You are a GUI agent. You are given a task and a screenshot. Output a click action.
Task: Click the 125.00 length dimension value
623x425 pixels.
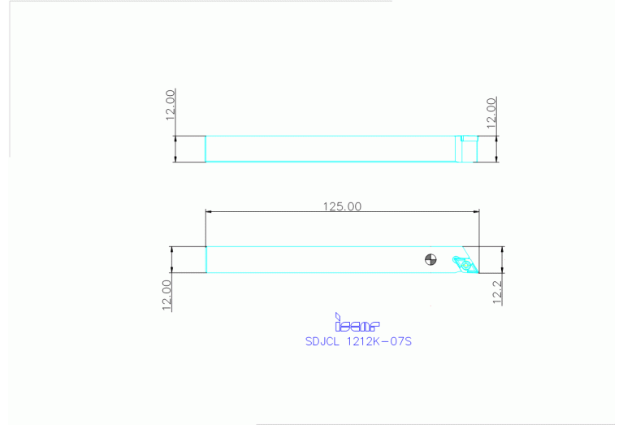tap(342, 206)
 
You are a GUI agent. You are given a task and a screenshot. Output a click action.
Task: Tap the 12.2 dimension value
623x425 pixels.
tap(497, 291)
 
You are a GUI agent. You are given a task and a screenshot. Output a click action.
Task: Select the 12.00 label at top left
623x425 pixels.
tap(171, 105)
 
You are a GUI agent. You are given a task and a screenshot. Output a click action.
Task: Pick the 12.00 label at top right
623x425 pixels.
tap(491, 112)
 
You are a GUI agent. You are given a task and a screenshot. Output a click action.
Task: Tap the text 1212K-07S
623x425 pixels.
tap(379, 342)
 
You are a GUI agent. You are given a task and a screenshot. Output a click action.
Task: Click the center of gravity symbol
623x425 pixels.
tap(430, 260)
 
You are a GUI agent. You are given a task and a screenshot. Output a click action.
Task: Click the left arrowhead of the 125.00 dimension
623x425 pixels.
tap(209, 212)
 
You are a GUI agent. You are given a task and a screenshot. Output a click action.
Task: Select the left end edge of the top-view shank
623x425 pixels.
tap(206, 149)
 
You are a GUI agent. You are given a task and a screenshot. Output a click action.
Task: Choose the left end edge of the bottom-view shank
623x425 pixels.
tap(206, 259)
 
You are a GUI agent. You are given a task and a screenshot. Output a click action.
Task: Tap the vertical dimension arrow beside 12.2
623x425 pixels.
tap(503, 260)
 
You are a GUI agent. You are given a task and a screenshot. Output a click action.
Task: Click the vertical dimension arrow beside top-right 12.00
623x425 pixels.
tap(496, 149)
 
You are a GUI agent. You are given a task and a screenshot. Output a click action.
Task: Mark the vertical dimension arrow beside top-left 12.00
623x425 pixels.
tap(175, 149)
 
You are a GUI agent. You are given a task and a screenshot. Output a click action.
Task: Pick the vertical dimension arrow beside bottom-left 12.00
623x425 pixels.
tap(171, 259)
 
